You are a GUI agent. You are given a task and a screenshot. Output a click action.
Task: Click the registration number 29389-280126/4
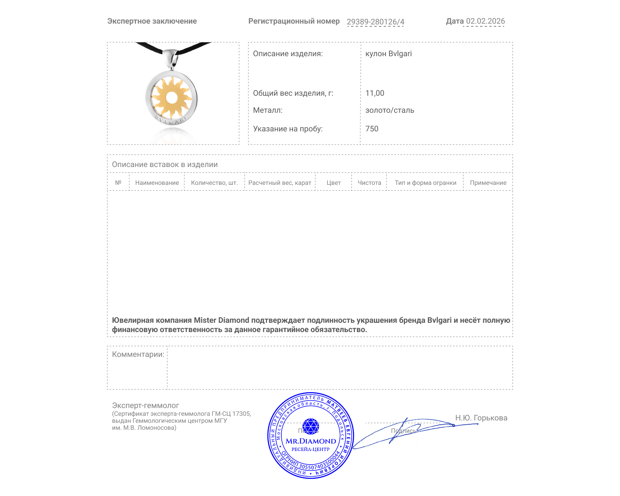click(x=375, y=22)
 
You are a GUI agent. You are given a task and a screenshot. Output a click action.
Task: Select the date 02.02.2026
click(x=485, y=21)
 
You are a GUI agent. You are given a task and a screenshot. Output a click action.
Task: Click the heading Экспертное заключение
click(x=152, y=21)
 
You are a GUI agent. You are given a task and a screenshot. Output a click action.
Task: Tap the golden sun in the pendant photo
click(x=171, y=97)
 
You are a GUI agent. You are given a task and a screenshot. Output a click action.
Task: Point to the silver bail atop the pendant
click(x=171, y=58)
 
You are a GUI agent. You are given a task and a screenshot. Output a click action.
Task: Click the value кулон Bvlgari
click(x=388, y=54)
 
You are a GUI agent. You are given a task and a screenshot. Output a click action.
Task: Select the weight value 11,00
click(x=375, y=93)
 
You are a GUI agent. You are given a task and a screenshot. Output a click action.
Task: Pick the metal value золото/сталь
click(x=389, y=110)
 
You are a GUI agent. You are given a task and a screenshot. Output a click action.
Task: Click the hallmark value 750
click(x=372, y=129)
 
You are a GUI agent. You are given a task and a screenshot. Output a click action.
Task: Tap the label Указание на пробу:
click(x=288, y=129)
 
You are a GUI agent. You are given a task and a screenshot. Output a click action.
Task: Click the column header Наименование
click(x=157, y=183)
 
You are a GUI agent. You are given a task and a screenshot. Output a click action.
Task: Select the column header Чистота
click(x=369, y=183)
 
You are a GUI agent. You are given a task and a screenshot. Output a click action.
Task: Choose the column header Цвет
click(x=334, y=183)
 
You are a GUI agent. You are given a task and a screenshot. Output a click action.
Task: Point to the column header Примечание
click(x=488, y=183)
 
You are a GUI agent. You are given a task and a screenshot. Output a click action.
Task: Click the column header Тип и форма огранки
click(x=425, y=183)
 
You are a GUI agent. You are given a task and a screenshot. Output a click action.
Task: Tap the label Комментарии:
click(x=138, y=355)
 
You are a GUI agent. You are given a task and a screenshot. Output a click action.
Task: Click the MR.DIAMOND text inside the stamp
click(x=311, y=441)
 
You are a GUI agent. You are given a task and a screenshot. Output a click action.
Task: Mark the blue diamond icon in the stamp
click(x=310, y=426)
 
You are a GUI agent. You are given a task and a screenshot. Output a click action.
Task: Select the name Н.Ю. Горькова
click(x=481, y=418)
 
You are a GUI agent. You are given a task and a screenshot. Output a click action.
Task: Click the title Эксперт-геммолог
click(x=145, y=406)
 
